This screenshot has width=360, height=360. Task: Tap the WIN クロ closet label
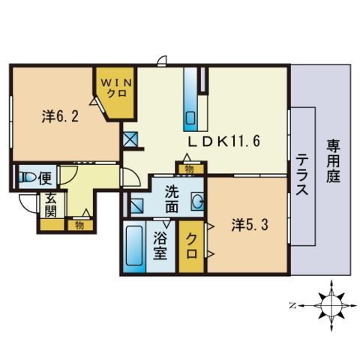(x=115, y=88)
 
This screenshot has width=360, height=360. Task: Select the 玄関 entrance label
(x=50, y=205)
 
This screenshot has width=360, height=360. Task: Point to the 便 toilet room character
(x=44, y=178)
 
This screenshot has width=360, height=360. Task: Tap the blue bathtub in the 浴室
(x=133, y=248)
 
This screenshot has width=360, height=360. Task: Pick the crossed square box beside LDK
(x=130, y=139)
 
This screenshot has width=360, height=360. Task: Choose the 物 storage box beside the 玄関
(x=78, y=223)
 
